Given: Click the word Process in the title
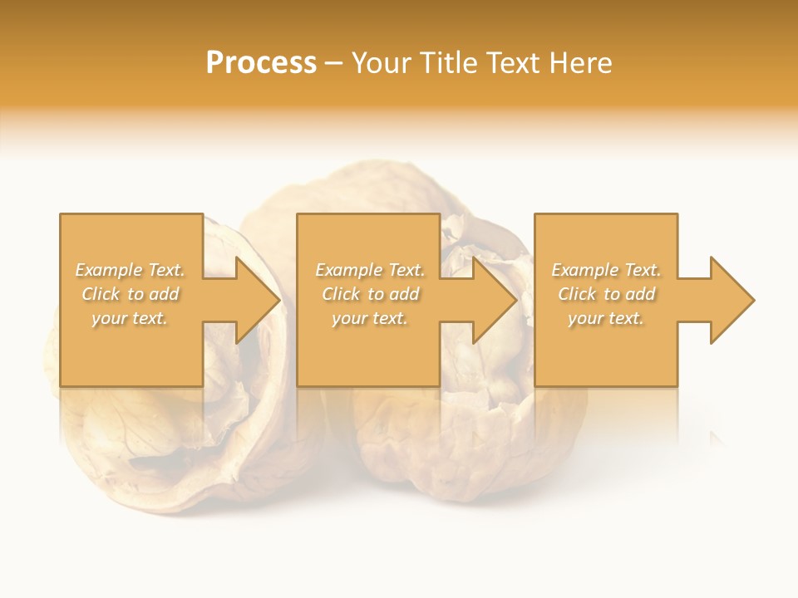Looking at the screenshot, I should click(261, 63).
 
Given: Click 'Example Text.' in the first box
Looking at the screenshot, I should click(130, 270).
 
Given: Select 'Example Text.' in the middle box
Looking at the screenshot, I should click(370, 270).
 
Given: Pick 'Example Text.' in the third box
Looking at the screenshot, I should click(606, 270).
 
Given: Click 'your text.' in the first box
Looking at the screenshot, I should click(130, 318).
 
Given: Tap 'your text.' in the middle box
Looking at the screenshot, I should click(370, 318).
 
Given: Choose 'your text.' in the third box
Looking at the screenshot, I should click(606, 318).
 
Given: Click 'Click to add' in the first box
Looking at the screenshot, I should click(130, 294).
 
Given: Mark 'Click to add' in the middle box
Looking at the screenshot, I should click(370, 294).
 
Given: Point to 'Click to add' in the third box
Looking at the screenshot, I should click(606, 294).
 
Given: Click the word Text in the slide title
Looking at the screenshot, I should click(511, 63).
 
